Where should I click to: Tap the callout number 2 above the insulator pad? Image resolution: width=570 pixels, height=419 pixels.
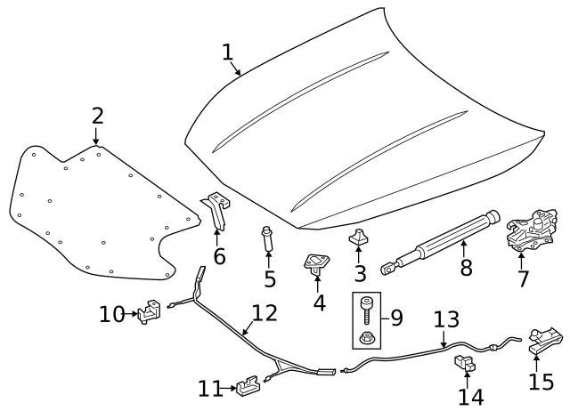pos(97,116)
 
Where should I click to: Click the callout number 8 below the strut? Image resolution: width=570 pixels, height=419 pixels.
pos(466,267)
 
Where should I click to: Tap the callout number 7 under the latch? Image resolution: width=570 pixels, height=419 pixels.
pos(523,278)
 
